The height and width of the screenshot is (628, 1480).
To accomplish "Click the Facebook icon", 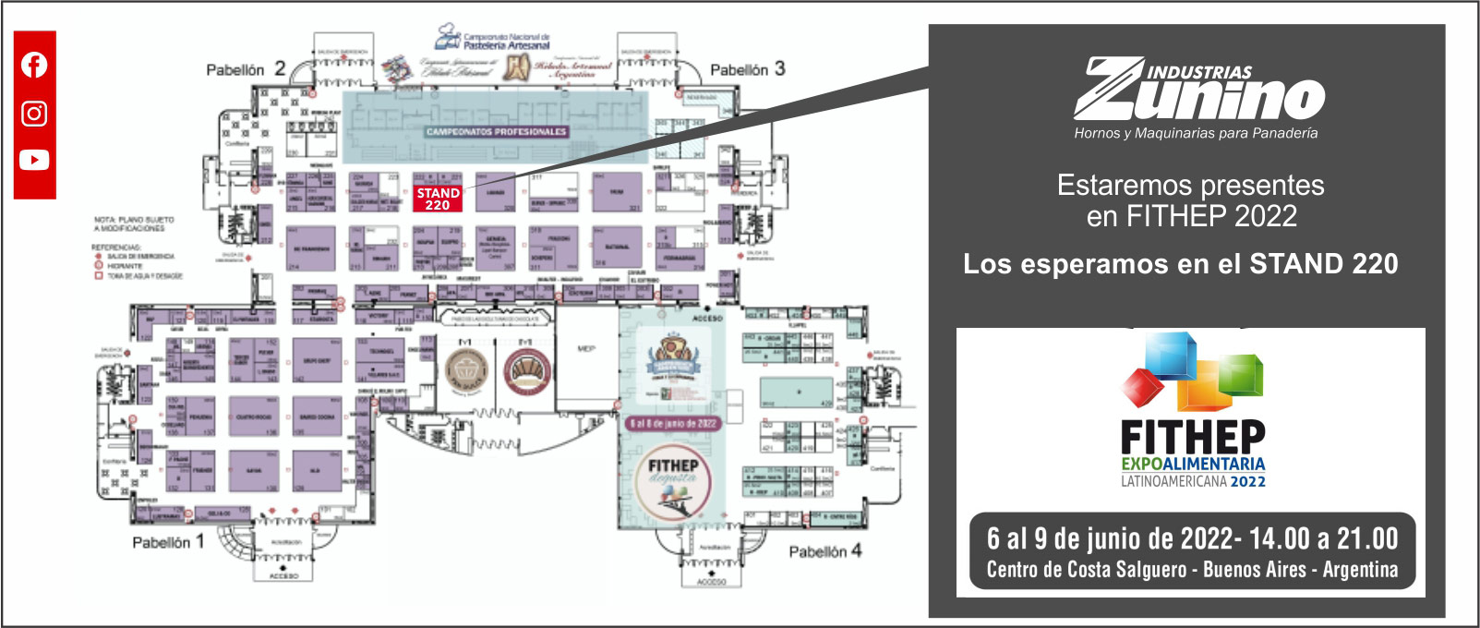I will coord(34,65).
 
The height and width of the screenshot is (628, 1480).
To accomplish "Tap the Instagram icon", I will coord(34,113).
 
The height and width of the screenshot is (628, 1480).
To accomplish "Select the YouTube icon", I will coord(34,160).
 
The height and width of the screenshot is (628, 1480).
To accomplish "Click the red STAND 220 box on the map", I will coord(438,199).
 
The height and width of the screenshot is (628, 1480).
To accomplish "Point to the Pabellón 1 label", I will coord(167,542).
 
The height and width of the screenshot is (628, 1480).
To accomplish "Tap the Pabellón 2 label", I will coord(245,69).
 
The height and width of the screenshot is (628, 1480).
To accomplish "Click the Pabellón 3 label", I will coord(747,69).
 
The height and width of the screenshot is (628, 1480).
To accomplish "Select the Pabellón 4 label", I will coord(824,551).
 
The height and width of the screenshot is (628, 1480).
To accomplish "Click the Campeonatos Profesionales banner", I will coord(496,131).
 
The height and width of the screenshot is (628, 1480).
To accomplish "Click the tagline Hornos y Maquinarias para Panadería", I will coord(1196,133).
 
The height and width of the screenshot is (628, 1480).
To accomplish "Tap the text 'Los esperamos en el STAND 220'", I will coord(1180,264).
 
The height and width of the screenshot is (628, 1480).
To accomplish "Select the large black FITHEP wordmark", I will coord(1192,437).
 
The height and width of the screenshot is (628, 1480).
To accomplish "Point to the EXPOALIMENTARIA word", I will coord(1193,464).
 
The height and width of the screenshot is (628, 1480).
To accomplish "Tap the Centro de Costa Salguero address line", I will coord(1192,570).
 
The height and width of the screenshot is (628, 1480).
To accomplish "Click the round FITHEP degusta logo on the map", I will coord(672,483).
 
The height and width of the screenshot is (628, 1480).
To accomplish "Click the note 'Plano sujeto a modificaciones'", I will coord(134,223).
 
